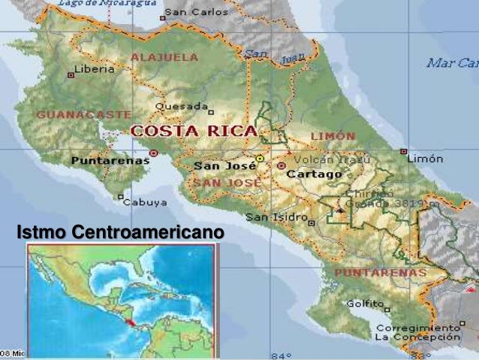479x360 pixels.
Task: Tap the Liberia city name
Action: click(98, 68)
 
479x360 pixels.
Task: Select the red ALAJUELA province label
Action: click(164, 56)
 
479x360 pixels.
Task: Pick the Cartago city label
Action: click(315, 174)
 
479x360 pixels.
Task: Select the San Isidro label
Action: click(276, 217)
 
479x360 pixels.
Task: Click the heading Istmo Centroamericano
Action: click(119, 234)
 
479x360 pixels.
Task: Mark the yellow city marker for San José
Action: click(260, 159)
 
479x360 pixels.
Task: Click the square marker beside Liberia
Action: click(71, 74)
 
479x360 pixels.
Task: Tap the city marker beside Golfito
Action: click(387, 307)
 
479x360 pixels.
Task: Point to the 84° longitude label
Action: click(281, 355)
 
